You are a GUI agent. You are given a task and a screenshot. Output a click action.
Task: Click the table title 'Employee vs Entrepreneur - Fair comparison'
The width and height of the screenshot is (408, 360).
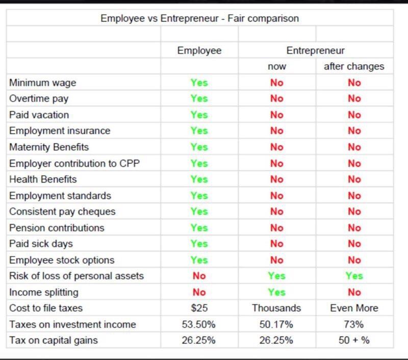click(x=199, y=18)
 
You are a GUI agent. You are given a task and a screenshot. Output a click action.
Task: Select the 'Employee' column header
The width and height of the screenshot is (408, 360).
click(x=199, y=50)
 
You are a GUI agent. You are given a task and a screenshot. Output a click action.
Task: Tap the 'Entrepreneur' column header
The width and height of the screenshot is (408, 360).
click(x=315, y=50)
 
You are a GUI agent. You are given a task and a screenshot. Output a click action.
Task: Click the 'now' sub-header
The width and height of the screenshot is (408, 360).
click(x=277, y=67)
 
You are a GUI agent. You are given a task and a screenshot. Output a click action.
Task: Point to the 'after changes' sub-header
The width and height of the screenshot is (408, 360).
click(x=354, y=67)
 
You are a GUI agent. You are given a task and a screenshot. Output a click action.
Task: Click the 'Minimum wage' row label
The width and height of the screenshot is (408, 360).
click(x=43, y=83)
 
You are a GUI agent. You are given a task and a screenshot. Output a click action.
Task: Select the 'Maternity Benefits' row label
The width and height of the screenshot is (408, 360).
click(x=49, y=147)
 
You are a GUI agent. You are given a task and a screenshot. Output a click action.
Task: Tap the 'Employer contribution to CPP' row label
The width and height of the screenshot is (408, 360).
click(x=67, y=163)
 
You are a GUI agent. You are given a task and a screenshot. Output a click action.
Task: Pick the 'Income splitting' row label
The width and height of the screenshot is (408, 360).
click(x=44, y=292)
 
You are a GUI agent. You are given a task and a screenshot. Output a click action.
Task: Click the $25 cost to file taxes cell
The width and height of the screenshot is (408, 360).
click(x=199, y=308)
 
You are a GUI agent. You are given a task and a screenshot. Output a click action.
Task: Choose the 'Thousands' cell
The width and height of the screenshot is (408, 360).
click(x=277, y=308)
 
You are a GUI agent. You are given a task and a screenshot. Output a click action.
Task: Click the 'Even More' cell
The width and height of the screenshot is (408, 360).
click(x=354, y=308)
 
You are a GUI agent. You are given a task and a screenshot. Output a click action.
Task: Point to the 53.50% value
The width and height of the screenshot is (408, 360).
click(x=199, y=324)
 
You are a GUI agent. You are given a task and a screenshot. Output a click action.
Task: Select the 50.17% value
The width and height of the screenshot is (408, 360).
click(x=277, y=324)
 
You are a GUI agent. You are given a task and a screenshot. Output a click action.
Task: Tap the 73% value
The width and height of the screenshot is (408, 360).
click(x=354, y=324)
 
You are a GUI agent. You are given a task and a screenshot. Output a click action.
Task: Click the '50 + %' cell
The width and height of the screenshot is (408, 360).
click(x=354, y=341)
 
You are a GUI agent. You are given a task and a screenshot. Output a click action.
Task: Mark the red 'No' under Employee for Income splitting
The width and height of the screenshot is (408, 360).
click(x=199, y=292)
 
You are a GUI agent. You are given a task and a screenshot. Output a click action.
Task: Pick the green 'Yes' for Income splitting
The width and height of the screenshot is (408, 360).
click(x=277, y=292)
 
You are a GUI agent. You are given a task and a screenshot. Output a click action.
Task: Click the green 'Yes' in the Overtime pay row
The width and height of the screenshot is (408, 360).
click(x=199, y=99)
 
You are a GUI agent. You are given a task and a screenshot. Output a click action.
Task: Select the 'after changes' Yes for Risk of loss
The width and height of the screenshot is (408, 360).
click(x=354, y=276)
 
